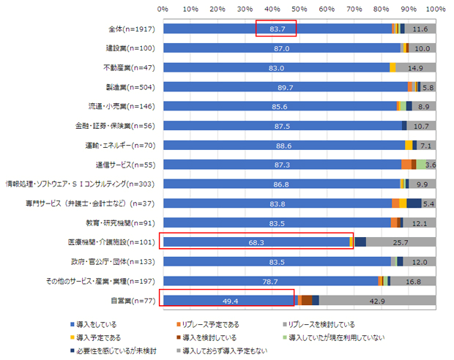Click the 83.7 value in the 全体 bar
coord(277,29)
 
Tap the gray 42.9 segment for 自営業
coord(377,299)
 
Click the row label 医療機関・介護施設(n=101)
coord(117,241)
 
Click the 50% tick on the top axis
coord(299,10)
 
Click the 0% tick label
coord(163,10)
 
